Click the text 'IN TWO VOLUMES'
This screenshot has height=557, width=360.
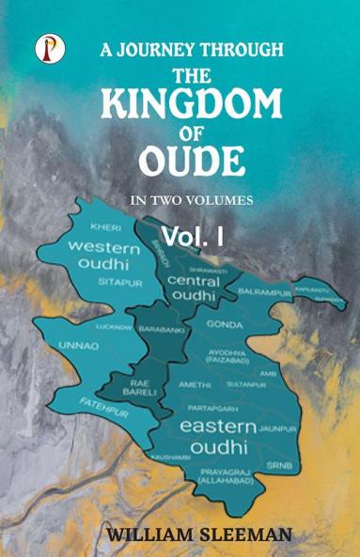pos(185,200)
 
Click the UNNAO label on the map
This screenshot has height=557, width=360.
pos(77,345)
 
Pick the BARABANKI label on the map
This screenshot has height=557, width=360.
pos(161,331)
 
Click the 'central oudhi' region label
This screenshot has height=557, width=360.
pos(195,288)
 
